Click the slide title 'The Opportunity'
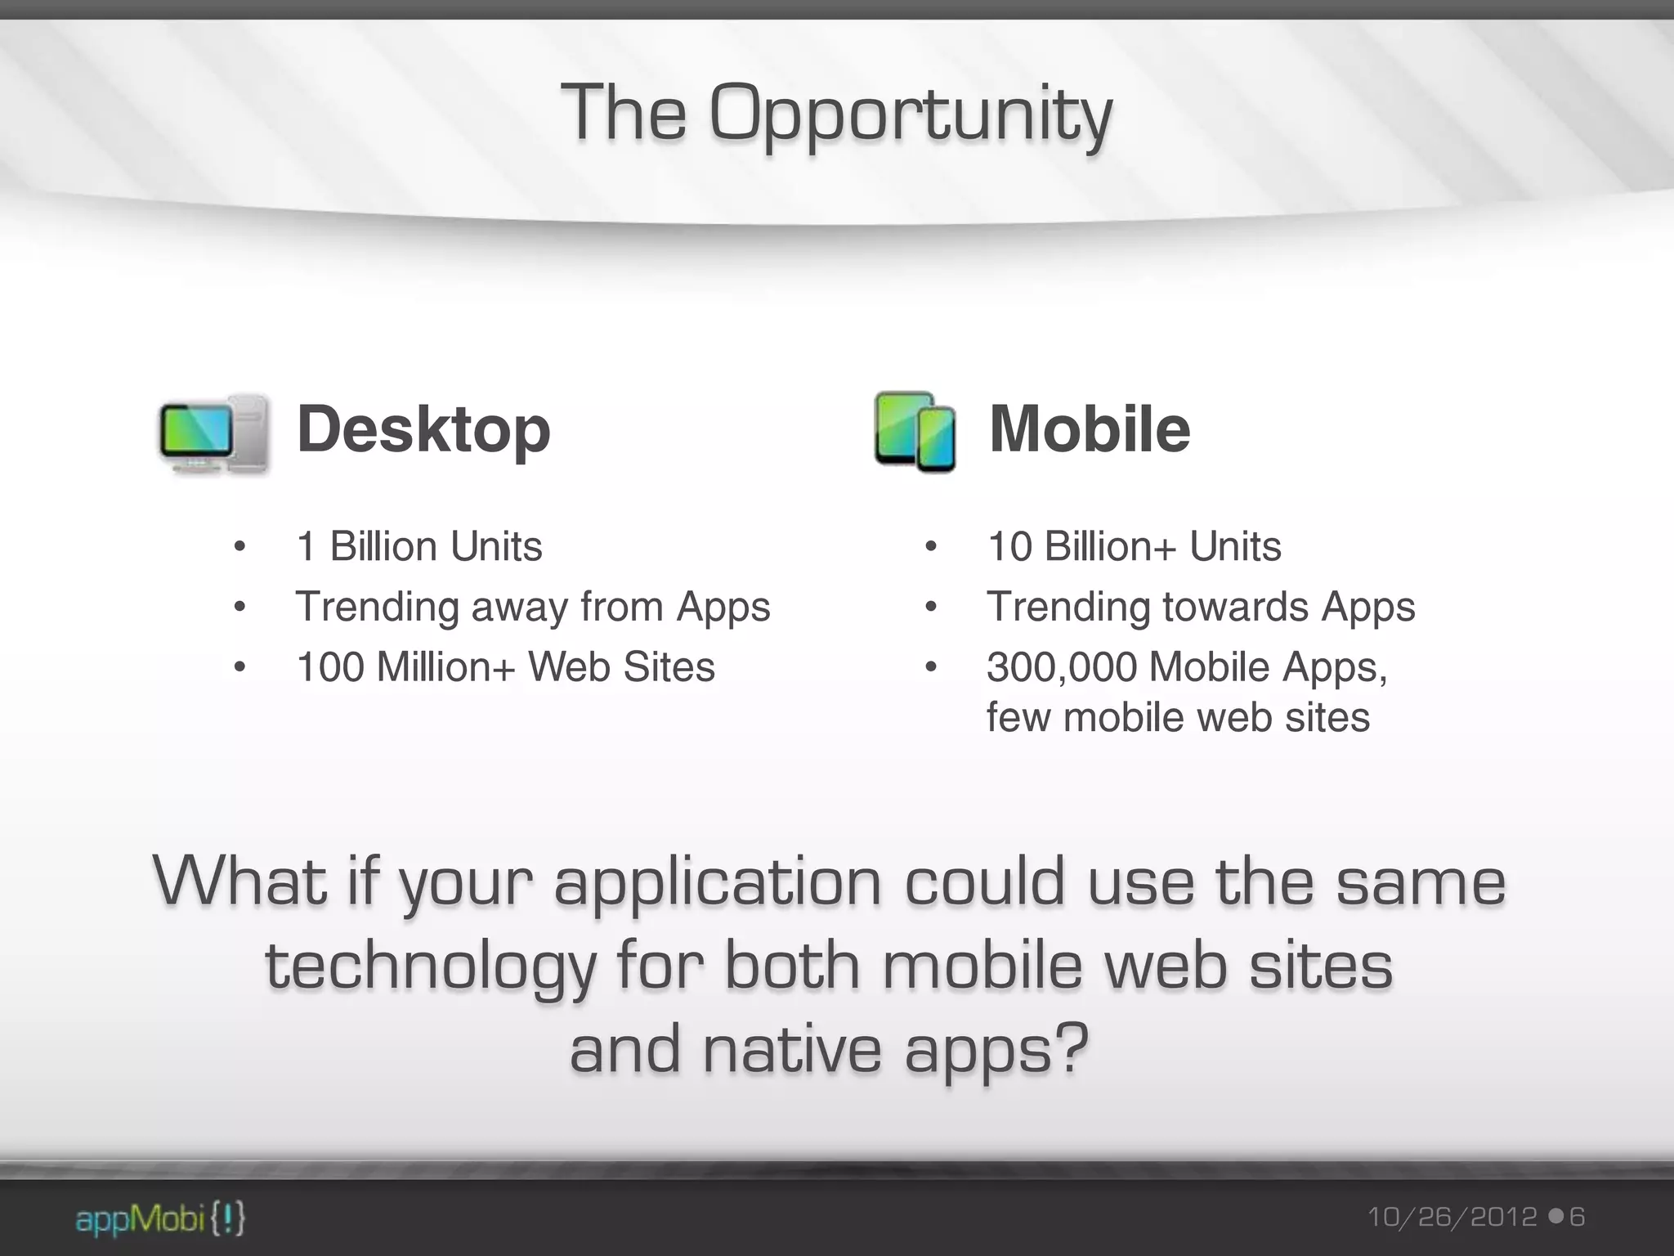pos(835,114)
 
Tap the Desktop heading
pos(423,429)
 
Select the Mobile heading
pos(1089,429)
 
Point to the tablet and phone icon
pos(915,431)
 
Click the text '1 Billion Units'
pos(419,546)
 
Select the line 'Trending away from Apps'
pos(532,607)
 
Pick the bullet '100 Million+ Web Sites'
pos(505,666)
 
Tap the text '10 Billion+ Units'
pos(1134,546)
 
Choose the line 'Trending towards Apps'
pos(1201,607)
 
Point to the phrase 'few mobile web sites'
pos(1177,718)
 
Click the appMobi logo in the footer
pos(160,1219)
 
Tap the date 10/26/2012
pos(1452,1218)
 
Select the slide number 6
pos(1577,1218)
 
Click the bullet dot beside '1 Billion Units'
pos(239,546)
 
